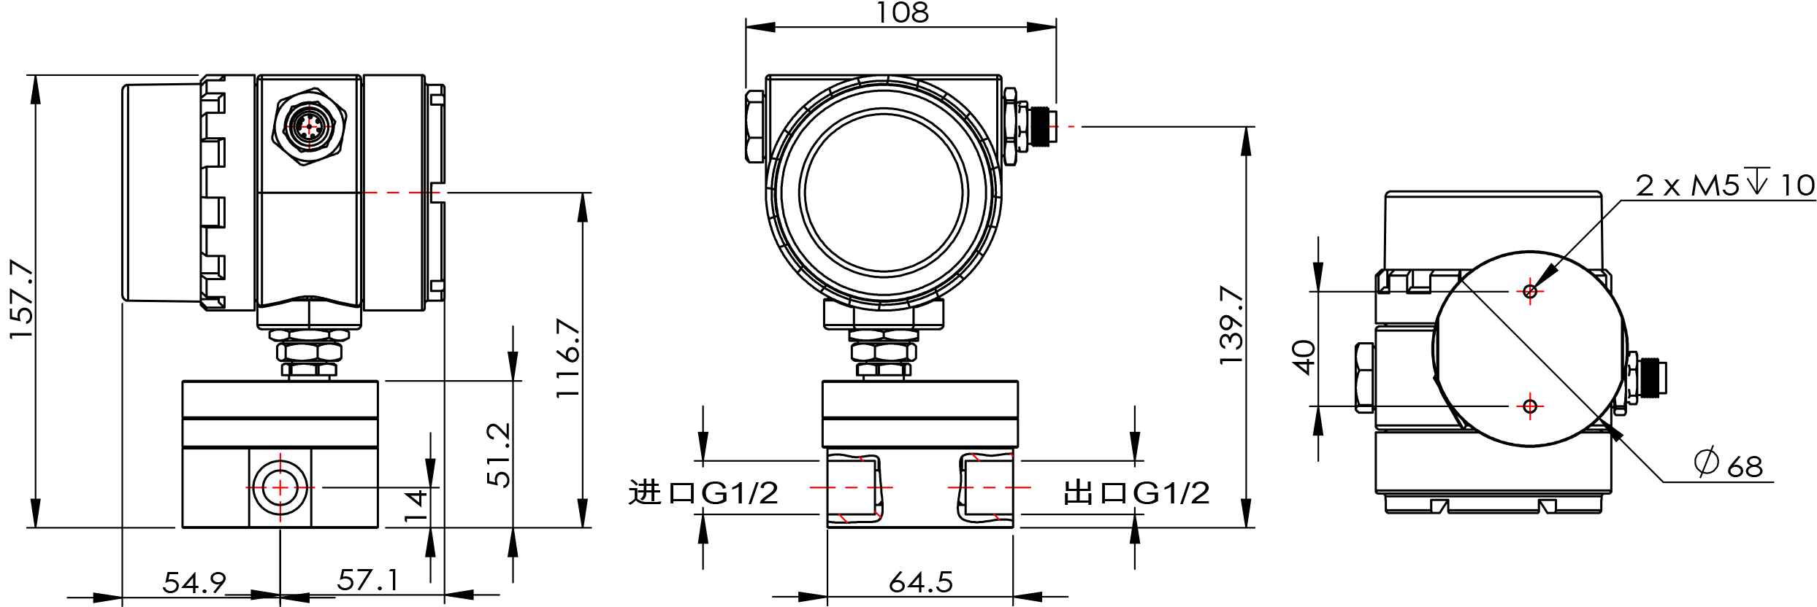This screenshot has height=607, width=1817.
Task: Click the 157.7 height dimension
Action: click(21, 299)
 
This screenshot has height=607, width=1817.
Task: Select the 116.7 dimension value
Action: click(567, 358)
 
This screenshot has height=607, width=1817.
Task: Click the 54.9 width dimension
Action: click(194, 582)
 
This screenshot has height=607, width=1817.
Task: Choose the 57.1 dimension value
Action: click(368, 580)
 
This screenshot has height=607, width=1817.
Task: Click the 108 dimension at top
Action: click(902, 12)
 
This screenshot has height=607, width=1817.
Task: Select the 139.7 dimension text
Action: click(1231, 325)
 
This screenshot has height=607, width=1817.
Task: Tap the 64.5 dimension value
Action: click(921, 582)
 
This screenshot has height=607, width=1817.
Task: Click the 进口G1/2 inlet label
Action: click(703, 493)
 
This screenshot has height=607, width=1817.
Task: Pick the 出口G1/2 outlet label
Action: click(1136, 493)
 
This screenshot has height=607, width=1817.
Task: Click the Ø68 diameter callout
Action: click(1729, 464)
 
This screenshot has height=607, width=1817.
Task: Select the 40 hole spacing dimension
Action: click(1304, 357)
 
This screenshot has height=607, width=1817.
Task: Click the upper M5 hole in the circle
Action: click(1530, 292)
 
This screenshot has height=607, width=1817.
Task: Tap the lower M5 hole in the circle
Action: click(1530, 406)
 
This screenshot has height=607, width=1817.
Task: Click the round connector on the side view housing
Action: click(309, 127)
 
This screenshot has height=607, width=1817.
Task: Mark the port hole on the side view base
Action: click(280, 487)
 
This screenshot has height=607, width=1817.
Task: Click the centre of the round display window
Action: click(884, 193)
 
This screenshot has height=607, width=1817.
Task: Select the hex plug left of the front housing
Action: click(755, 126)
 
